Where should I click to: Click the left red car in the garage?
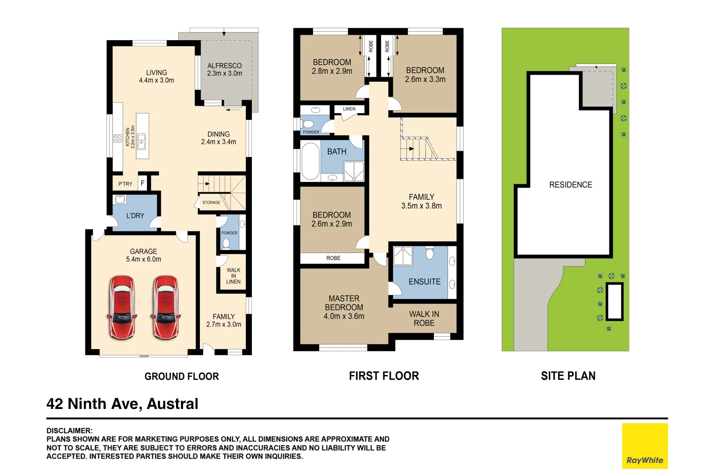(x=122, y=307)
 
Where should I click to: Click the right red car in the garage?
(x=165, y=307)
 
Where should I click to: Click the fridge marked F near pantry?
(x=143, y=183)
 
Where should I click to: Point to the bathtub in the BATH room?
(x=310, y=161)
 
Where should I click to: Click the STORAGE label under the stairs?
(x=211, y=203)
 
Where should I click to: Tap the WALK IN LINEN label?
(x=233, y=276)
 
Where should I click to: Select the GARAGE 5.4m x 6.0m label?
(x=143, y=255)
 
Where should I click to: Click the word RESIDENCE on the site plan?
(x=571, y=185)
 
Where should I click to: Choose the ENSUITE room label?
(x=425, y=282)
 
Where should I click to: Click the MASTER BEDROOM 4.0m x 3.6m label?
(x=344, y=307)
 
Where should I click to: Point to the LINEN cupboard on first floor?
(x=349, y=109)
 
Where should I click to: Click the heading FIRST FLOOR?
(x=384, y=376)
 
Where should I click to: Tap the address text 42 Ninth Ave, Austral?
(x=122, y=404)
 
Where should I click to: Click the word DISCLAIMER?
(x=69, y=431)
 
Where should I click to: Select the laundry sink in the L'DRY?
(x=120, y=200)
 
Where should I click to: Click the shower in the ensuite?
(x=402, y=256)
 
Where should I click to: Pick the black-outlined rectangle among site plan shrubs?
(x=614, y=301)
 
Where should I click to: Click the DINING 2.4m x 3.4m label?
(x=218, y=138)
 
